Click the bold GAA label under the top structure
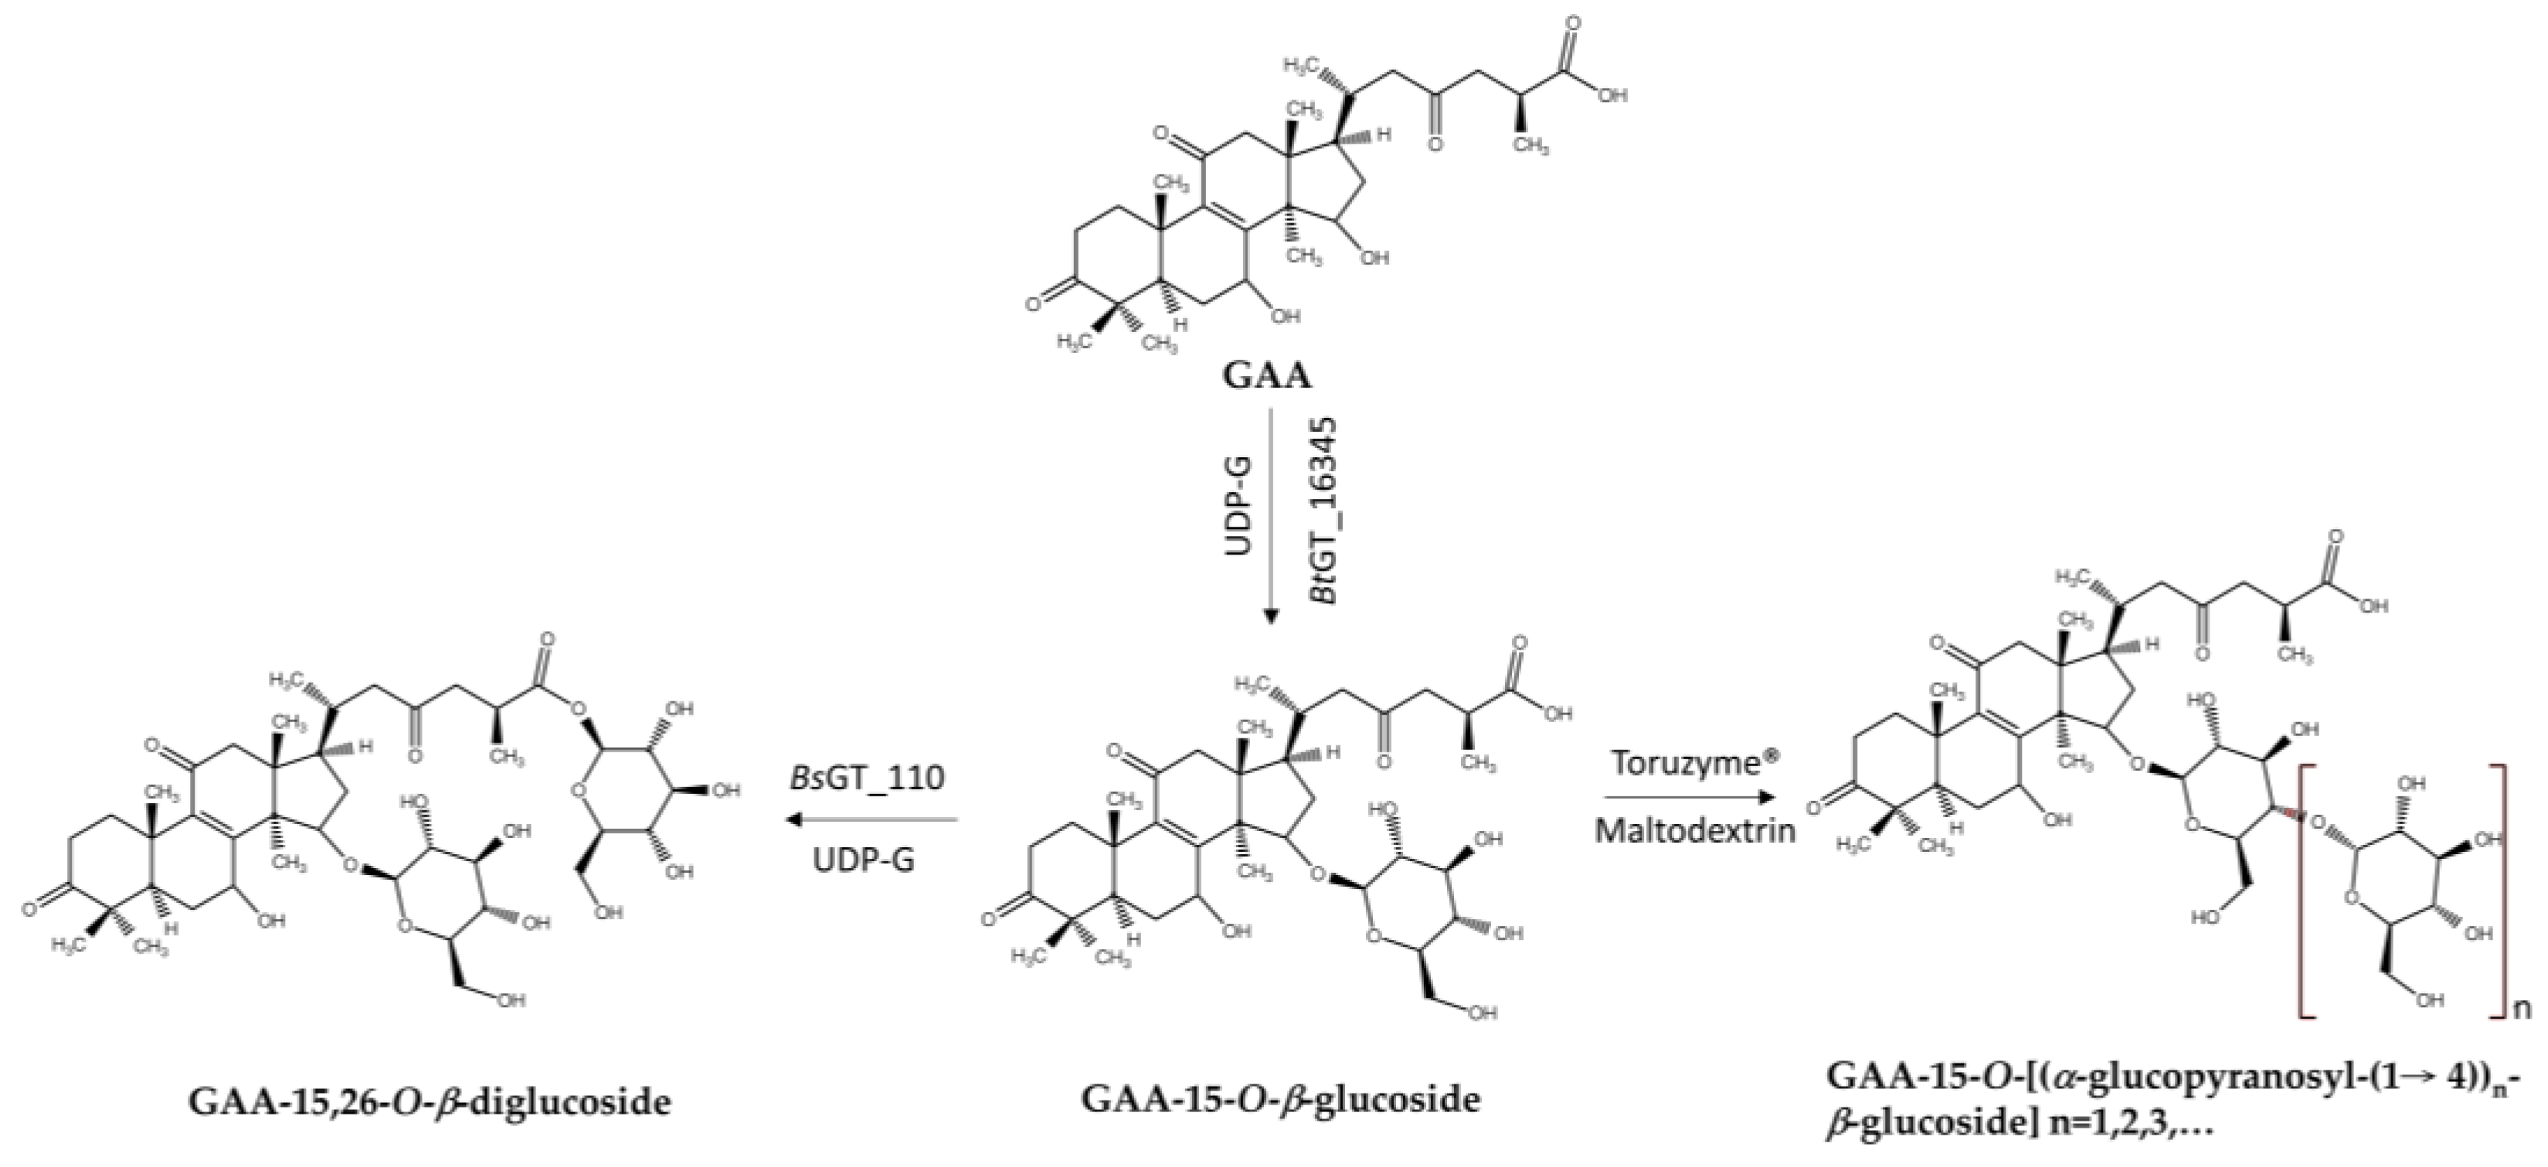pos(1268,376)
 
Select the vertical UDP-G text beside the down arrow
pos(1239,504)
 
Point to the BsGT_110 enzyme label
pos(867,777)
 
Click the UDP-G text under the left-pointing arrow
pos(865,860)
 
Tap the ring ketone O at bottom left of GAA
pos(1034,304)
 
